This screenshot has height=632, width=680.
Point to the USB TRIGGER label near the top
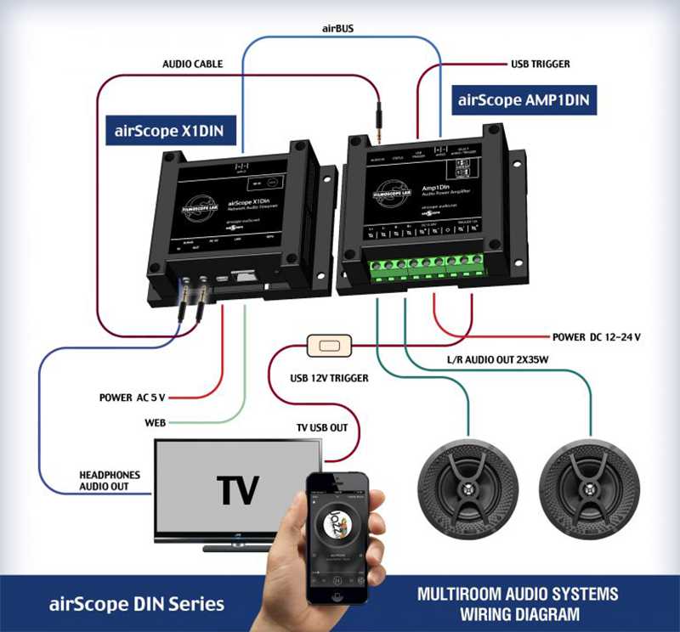tap(540, 64)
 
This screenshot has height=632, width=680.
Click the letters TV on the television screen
tap(238, 489)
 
